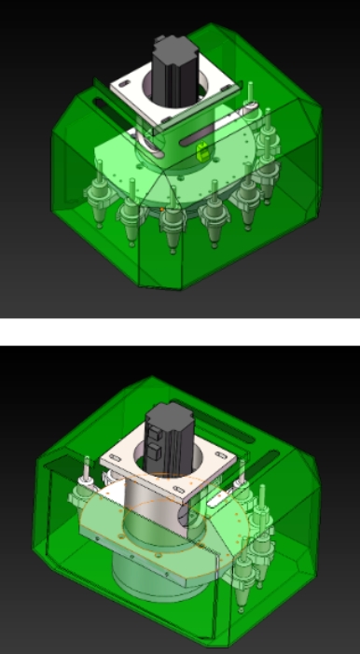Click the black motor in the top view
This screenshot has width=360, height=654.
pyautogui.click(x=173, y=70)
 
